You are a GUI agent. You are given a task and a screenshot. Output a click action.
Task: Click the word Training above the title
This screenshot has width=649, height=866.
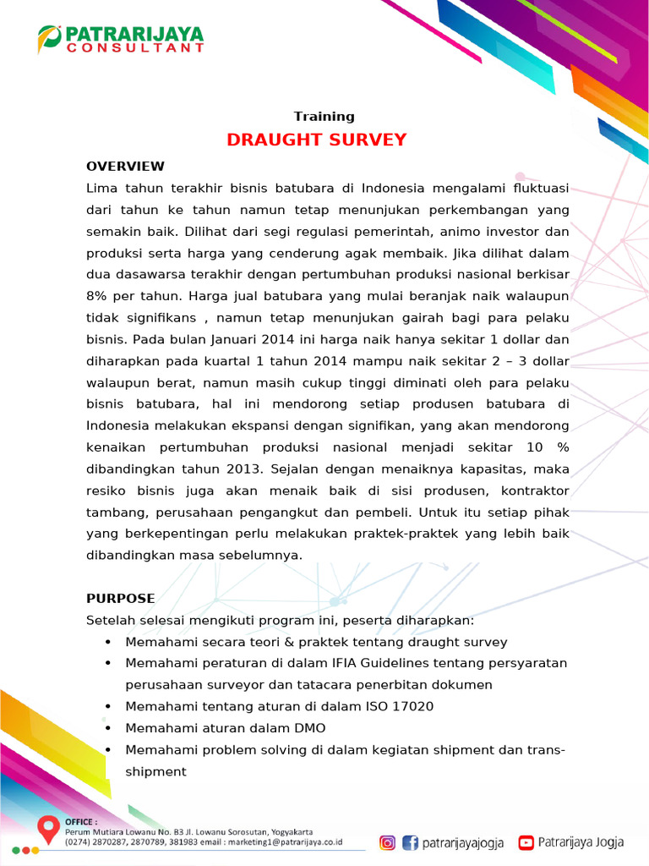point(324,117)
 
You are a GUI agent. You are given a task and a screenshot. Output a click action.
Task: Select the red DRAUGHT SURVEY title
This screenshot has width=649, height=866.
point(316,140)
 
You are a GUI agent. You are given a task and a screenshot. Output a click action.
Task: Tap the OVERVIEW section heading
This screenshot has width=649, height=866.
point(125,166)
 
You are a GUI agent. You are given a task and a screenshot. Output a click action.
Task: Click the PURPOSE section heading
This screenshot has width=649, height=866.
point(120,599)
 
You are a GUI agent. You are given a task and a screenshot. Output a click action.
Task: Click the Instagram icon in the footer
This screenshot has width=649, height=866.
point(387,842)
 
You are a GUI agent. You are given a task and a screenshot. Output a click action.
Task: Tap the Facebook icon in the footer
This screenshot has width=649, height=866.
point(410,842)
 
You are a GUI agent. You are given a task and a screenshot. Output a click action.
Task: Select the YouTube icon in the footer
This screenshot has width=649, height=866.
point(526,842)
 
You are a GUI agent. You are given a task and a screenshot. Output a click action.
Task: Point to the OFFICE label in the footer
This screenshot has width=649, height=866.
point(81,821)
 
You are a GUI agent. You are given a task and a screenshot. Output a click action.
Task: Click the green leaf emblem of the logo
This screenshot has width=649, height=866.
point(49,37)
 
